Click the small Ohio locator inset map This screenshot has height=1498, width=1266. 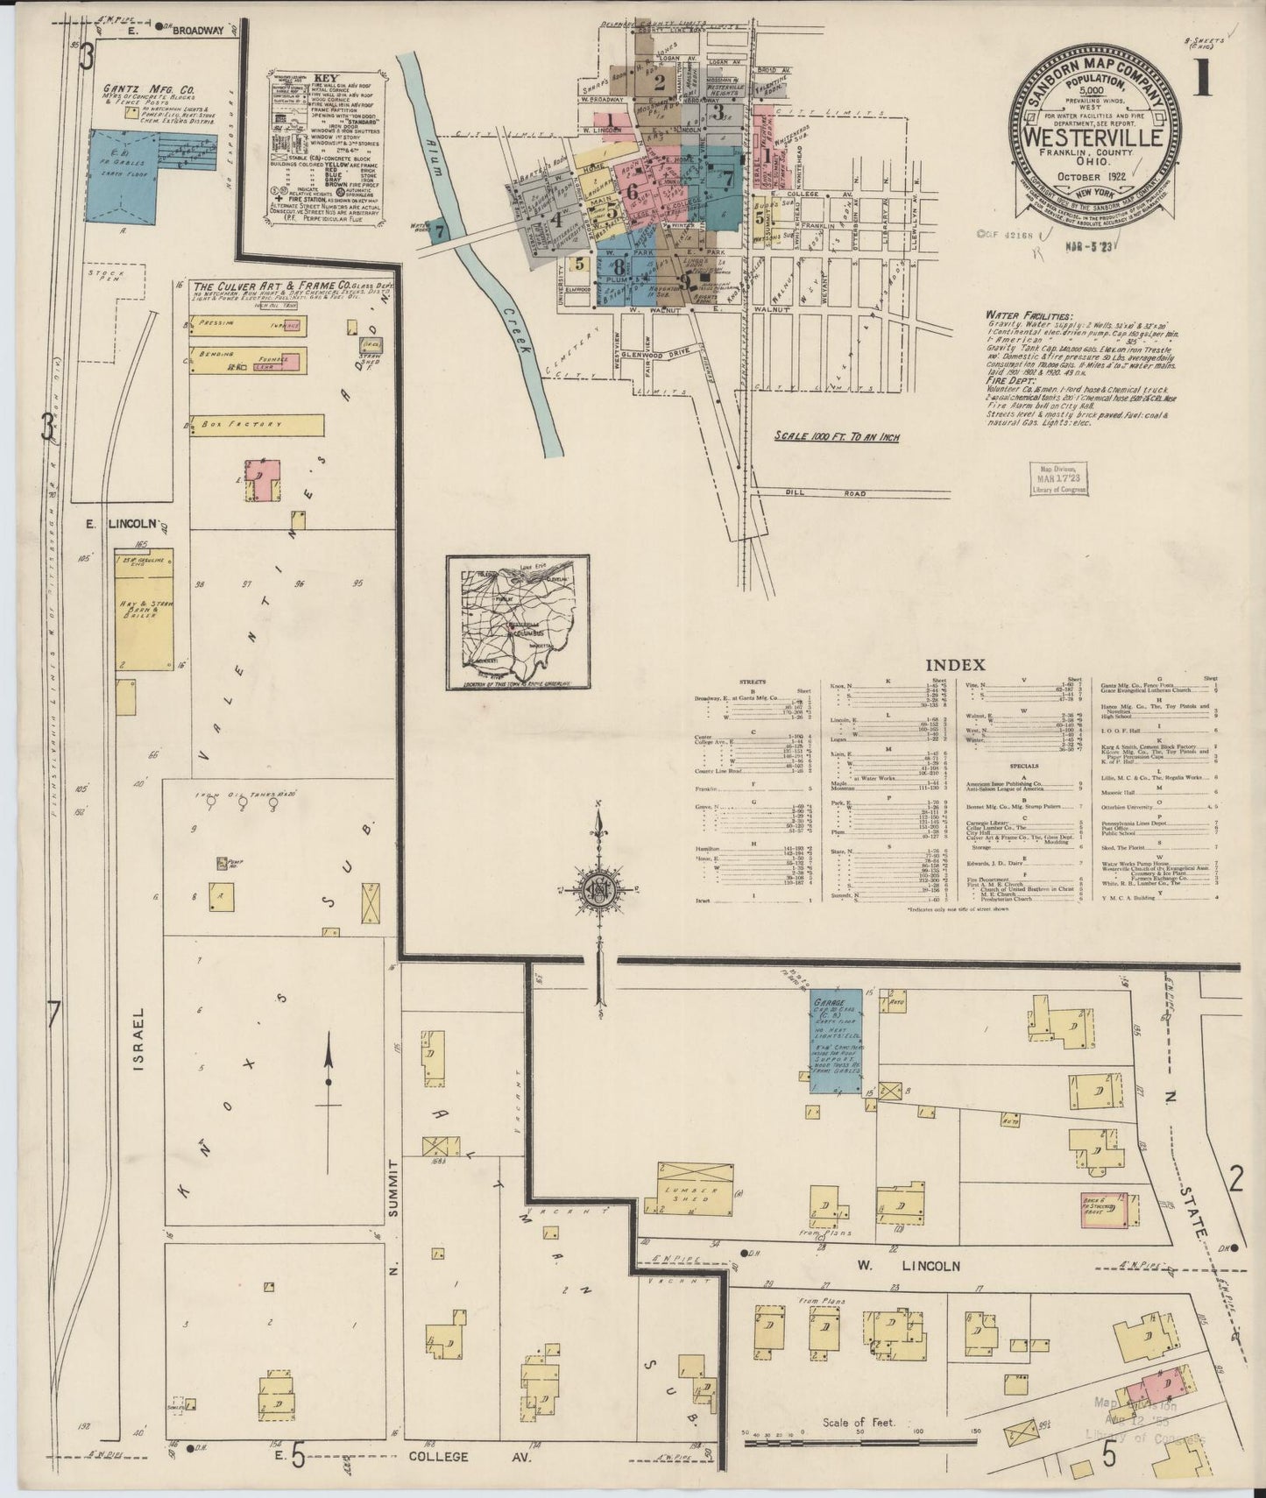coord(517,623)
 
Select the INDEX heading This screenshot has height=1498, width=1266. coord(961,665)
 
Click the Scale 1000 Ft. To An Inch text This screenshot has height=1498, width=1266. coord(838,435)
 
